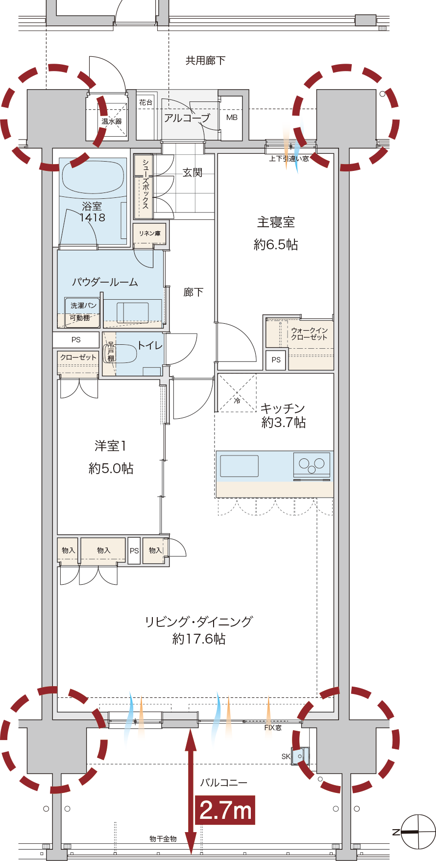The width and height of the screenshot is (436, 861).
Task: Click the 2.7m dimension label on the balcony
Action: pyautogui.click(x=225, y=810)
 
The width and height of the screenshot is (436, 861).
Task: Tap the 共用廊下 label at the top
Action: pyautogui.click(x=205, y=60)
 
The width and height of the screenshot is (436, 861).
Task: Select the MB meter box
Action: pyautogui.click(x=232, y=118)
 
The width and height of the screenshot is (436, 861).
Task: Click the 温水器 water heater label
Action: pyautogui.click(x=112, y=121)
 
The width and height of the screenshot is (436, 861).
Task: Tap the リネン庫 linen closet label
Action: pyautogui.click(x=149, y=234)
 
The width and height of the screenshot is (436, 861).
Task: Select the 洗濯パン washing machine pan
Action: pyautogui.click(x=83, y=312)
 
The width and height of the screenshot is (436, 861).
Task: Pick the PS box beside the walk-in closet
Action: pyautogui.click(x=276, y=359)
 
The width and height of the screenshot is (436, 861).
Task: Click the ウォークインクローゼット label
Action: pyautogui.click(x=309, y=334)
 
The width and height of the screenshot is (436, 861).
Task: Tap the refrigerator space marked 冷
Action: pyautogui.click(x=237, y=393)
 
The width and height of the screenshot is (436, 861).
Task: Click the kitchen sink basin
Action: pyautogui.click(x=239, y=466)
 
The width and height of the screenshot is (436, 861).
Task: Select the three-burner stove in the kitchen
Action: pyautogui.click(x=312, y=465)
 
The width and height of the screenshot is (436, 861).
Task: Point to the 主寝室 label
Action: pyautogui.click(x=276, y=222)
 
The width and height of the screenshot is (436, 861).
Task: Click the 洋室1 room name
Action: pyautogui.click(x=111, y=446)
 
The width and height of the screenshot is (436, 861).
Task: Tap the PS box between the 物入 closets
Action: pyautogui.click(x=134, y=550)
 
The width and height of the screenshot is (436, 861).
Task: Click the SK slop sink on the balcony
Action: pyautogui.click(x=300, y=756)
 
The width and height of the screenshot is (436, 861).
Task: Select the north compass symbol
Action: pyautogui.click(x=417, y=832)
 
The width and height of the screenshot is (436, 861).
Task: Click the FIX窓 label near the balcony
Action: pyautogui.click(x=273, y=728)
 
